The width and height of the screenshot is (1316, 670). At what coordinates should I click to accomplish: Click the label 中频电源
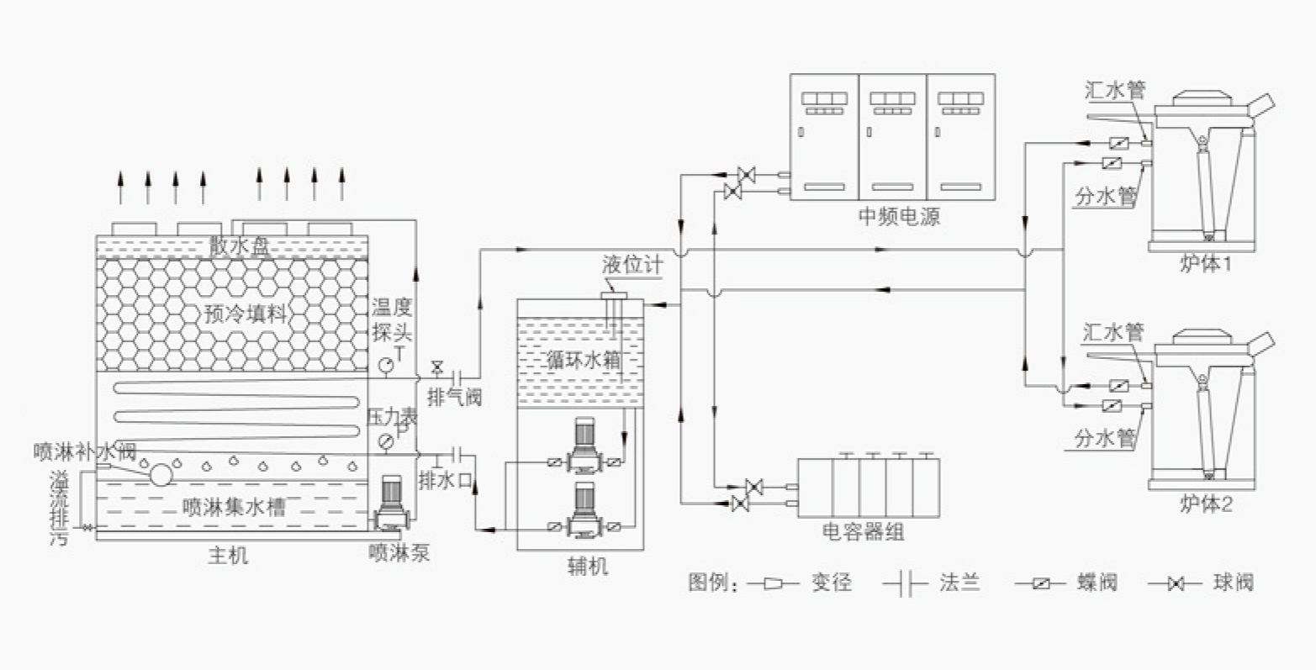899,217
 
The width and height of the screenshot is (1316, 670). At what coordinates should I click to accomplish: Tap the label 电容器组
863,532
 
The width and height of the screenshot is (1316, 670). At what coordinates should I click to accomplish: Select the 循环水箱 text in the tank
584,359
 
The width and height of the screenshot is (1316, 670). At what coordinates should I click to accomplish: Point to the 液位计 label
632,265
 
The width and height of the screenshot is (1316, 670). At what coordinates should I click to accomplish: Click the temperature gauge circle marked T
386,365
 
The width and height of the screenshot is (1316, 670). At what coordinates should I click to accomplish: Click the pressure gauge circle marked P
386,441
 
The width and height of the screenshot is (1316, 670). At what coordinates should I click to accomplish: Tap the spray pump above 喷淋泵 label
391,502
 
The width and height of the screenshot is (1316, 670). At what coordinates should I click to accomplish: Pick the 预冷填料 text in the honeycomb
245,314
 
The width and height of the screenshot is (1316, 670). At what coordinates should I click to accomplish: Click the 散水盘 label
240,246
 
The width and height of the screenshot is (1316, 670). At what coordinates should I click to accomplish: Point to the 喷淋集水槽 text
234,507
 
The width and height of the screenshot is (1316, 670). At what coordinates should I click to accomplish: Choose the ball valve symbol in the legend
1175,583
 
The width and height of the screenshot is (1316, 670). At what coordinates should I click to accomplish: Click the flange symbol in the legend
906,583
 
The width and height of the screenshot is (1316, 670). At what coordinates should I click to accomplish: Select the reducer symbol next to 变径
773,583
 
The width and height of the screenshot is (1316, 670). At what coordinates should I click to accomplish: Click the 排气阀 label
455,398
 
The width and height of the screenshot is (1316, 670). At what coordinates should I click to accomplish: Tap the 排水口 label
446,481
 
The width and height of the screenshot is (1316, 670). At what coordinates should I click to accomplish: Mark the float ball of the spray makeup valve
161,474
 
